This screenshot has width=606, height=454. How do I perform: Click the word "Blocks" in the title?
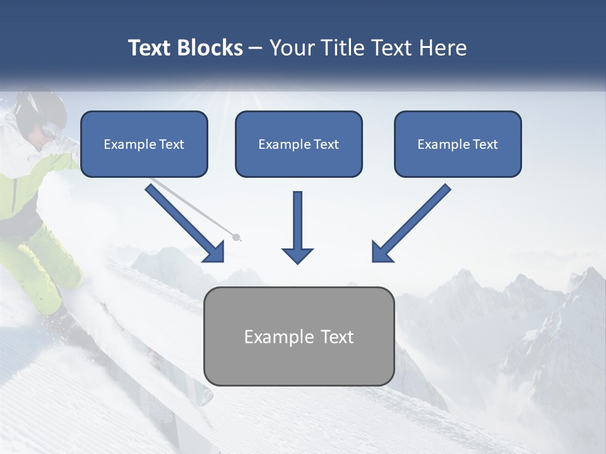(x=210, y=48)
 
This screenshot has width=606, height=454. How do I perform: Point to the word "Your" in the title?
(x=292, y=48)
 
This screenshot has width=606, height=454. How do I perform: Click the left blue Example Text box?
(x=144, y=144)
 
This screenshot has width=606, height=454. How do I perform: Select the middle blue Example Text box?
(x=299, y=144)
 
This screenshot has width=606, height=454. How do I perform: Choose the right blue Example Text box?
(x=458, y=144)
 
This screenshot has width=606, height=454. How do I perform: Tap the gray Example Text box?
(x=299, y=336)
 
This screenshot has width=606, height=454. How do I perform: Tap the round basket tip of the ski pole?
(x=237, y=238)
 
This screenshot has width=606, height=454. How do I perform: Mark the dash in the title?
(x=256, y=49)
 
